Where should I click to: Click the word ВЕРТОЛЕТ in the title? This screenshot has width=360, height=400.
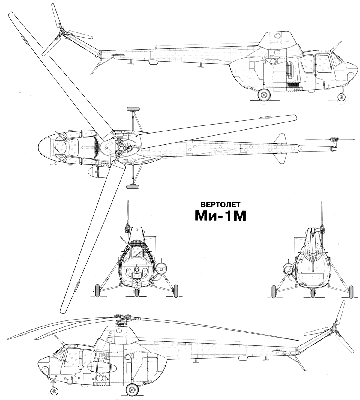(x=220, y=205)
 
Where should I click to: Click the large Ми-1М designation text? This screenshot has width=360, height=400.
(x=220, y=216)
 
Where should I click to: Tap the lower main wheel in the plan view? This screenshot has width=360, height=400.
(x=133, y=186)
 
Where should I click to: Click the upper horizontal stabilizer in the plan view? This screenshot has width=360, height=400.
(x=280, y=139)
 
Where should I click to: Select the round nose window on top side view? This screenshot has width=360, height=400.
(x=350, y=76)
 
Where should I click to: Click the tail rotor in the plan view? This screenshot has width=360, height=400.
(x=330, y=139)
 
